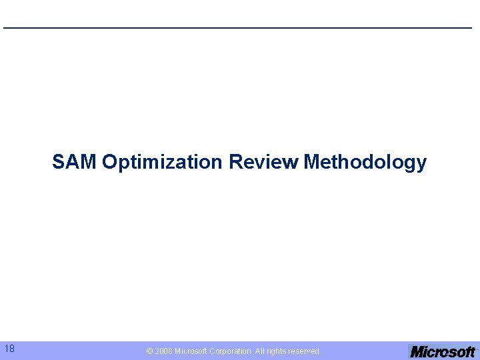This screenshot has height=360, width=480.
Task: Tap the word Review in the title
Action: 263,162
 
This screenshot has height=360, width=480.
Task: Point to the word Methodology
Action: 365,162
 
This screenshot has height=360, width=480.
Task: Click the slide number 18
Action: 9,349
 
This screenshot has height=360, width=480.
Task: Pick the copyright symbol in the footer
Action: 150,351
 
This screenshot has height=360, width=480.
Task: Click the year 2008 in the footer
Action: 163,351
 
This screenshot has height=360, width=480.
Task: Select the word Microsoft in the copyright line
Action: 193,351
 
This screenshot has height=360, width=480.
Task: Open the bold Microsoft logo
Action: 443,351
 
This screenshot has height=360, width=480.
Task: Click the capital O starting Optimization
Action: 110,162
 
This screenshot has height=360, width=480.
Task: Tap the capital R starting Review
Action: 235,162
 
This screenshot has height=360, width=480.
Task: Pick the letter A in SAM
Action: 74,162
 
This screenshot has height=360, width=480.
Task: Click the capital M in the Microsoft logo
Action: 417,351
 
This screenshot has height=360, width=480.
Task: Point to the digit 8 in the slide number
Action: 12,349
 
